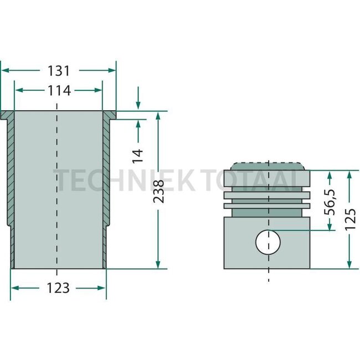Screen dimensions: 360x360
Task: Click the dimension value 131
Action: pyautogui.click(x=58, y=70)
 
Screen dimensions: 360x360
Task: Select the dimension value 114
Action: pyautogui.click(x=58, y=90)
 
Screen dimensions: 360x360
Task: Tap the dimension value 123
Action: pyautogui.click(x=58, y=288)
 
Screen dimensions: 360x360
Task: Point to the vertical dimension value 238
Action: pyautogui.click(x=159, y=191)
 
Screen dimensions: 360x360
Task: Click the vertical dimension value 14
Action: pyautogui.click(x=138, y=154)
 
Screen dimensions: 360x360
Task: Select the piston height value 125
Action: pyautogui.click(x=349, y=219)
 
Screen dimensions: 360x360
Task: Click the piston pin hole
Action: pyautogui.click(x=268, y=242)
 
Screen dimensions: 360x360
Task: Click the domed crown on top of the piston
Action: pyautogui.click(x=268, y=166)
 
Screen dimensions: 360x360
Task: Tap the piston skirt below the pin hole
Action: pyautogui.click(x=268, y=261)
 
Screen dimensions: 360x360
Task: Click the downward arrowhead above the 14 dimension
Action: pyautogui.click(x=138, y=107)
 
